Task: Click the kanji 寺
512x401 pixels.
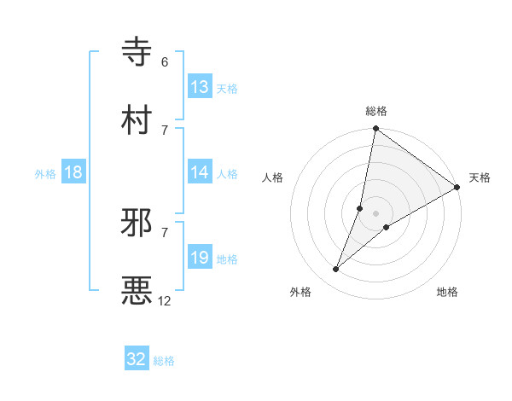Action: pos(137,51)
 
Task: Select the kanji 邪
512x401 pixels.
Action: pos(137,223)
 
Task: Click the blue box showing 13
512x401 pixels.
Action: pos(200,87)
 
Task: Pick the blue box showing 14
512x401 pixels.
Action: pos(200,172)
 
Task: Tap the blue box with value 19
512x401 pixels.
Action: pos(200,258)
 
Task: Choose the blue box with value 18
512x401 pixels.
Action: pos(73,172)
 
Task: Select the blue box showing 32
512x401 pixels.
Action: pos(137,359)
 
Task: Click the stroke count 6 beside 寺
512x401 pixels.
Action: pos(165,62)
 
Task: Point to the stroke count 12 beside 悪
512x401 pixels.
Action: pos(165,300)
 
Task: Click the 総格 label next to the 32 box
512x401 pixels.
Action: pos(164,361)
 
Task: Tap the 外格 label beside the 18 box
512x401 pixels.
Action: pos(45,173)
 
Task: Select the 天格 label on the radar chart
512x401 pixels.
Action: pos(480,177)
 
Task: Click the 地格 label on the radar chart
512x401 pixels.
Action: pos(447,293)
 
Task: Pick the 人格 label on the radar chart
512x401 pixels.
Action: pos(273,177)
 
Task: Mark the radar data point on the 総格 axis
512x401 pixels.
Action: pos(375,130)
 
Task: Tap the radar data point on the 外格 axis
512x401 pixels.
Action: pos(336,270)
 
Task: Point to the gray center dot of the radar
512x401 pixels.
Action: pos(375,213)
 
